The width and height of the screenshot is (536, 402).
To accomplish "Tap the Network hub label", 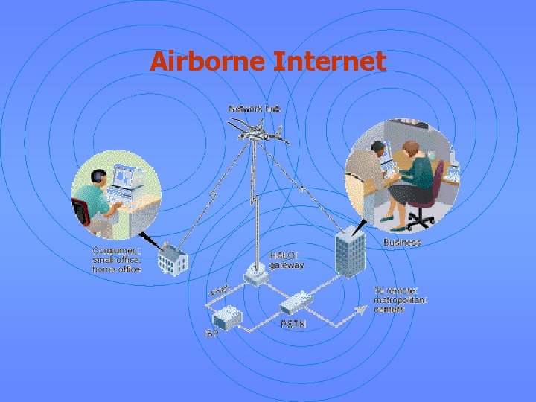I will click(x=255, y=109).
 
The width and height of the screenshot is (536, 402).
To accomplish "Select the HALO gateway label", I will click(x=287, y=260).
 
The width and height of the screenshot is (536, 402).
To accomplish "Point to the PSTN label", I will click(x=293, y=325).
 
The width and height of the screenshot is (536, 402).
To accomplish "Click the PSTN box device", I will click(x=296, y=301).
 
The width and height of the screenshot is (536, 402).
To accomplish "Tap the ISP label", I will click(x=211, y=332).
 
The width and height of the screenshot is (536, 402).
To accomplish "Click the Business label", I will click(x=402, y=243).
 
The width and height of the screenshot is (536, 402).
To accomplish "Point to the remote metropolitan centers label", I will click(x=400, y=299).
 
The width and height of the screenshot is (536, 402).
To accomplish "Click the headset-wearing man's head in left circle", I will click(x=98, y=178).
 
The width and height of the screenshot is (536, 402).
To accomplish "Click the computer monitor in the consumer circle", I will click(x=123, y=177).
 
